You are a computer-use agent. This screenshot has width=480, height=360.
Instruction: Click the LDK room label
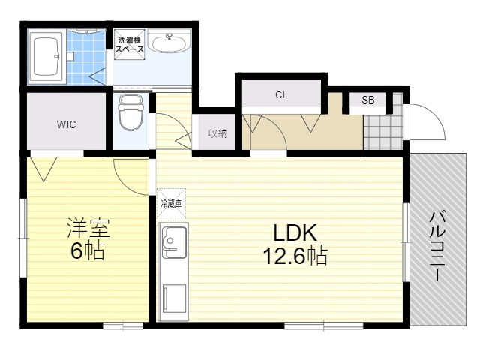295,233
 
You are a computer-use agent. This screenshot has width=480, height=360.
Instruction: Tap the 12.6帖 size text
295,255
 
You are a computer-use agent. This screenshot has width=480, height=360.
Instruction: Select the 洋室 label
88,228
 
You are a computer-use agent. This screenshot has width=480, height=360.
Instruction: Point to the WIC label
67,124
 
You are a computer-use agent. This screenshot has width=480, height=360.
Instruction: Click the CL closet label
281,95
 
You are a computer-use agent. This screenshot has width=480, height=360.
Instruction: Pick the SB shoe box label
367,100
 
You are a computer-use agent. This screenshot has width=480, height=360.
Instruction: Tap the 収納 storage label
217,133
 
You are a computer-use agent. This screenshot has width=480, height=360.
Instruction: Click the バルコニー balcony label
437,245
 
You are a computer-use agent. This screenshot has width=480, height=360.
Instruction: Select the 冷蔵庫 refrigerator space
171,204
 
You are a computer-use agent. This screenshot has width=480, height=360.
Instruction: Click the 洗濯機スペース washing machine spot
130,45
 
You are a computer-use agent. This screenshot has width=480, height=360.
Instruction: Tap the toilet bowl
131,113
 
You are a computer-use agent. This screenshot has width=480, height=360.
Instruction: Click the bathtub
46,56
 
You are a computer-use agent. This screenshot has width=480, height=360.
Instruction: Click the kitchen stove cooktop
174,298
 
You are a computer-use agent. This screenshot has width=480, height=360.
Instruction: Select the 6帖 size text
88,250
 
